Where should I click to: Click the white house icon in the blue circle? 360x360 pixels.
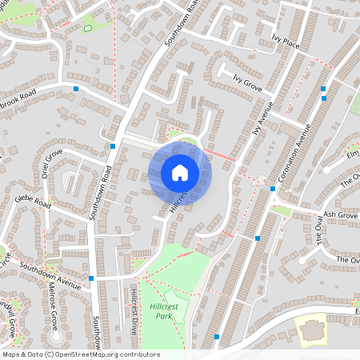tap(180, 173)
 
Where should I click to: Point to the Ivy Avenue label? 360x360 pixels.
tap(262, 118)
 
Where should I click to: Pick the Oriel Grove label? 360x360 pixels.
tap(47, 163)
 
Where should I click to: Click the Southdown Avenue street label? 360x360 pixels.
tap(51, 276)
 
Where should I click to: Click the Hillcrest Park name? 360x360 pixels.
tap(163, 311)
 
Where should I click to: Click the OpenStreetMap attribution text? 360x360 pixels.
tap(81, 354)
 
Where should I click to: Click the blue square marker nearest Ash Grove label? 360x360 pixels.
tap(273, 189)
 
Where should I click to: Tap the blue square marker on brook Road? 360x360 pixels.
tap(75, 88)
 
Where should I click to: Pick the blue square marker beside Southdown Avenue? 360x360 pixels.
tap(91, 278)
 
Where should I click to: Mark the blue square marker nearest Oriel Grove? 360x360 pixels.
tap(113, 146)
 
